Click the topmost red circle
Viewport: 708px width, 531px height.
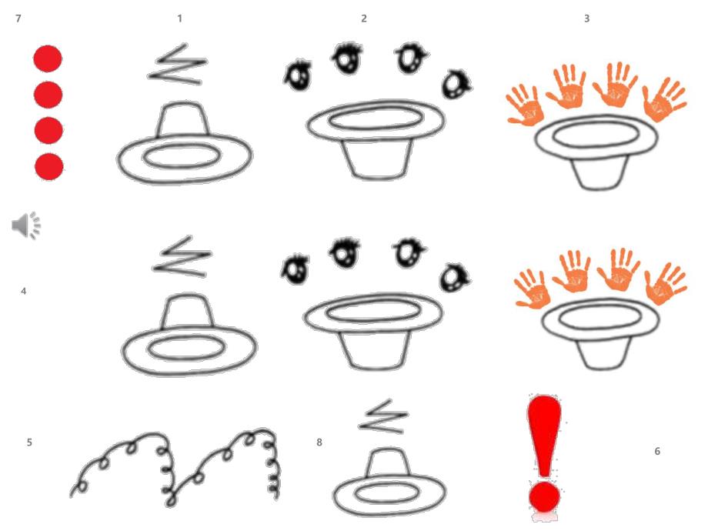click(48, 58)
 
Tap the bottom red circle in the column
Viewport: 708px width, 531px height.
click(49, 167)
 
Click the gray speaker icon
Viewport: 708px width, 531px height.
click(26, 225)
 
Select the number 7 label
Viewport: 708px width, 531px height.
click(18, 18)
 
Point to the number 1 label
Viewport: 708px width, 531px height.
click(180, 18)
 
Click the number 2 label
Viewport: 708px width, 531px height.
click(364, 18)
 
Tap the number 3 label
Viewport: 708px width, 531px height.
click(586, 18)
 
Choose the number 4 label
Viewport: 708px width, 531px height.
click(24, 291)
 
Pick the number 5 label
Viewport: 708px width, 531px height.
click(29, 442)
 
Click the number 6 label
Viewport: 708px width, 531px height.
click(657, 451)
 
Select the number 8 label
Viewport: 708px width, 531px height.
click(319, 442)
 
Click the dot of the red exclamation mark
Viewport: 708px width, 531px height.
click(545, 496)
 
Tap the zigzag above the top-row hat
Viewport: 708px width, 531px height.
click(177, 65)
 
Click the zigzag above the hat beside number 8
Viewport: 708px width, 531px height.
click(384, 416)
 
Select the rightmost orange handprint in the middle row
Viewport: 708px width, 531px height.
click(666, 283)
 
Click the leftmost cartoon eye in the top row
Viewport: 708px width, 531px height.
click(298, 75)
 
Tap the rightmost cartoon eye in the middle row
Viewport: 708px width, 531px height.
click(454, 278)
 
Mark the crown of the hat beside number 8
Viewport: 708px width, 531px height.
click(388, 463)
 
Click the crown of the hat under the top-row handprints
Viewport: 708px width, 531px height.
click(598, 172)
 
